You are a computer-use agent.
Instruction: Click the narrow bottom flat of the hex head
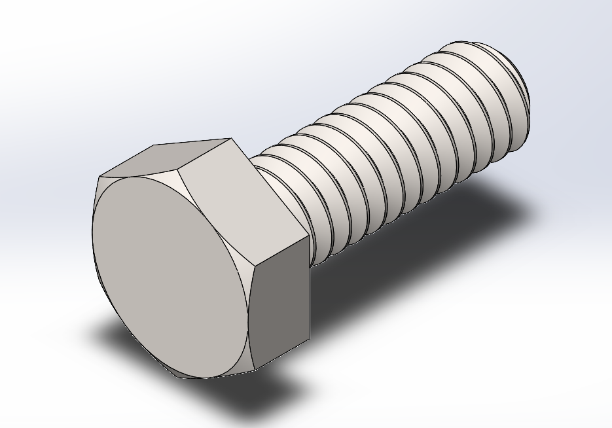[x=216, y=375]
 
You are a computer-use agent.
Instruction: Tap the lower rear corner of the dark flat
[x=309, y=340]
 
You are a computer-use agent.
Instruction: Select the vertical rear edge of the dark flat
[x=308, y=288]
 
